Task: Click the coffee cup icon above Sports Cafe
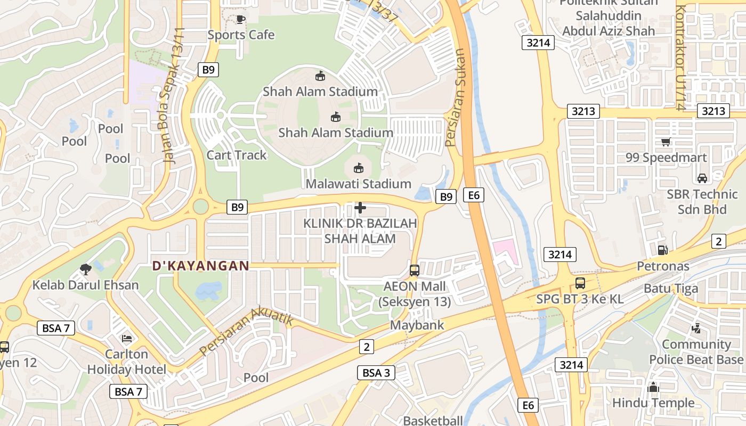(x=240, y=20)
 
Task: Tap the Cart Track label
(x=237, y=155)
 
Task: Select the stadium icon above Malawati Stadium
(x=359, y=168)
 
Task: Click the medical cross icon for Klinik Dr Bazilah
(x=360, y=208)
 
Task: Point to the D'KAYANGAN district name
(x=201, y=266)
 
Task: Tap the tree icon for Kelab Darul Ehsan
(x=85, y=269)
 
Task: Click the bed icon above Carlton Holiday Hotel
(x=126, y=338)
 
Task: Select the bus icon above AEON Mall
(x=415, y=271)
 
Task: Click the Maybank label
(x=417, y=325)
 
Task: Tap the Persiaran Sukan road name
(x=455, y=99)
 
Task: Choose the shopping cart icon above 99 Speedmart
(x=666, y=142)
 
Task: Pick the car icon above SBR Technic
(x=702, y=178)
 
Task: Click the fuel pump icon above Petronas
(x=663, y=250)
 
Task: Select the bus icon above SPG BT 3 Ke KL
(x=580, y=283)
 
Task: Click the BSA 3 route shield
(x=376, y=373)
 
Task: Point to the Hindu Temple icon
(x=653, y=387)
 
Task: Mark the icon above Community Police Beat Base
(x=695, y=329)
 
